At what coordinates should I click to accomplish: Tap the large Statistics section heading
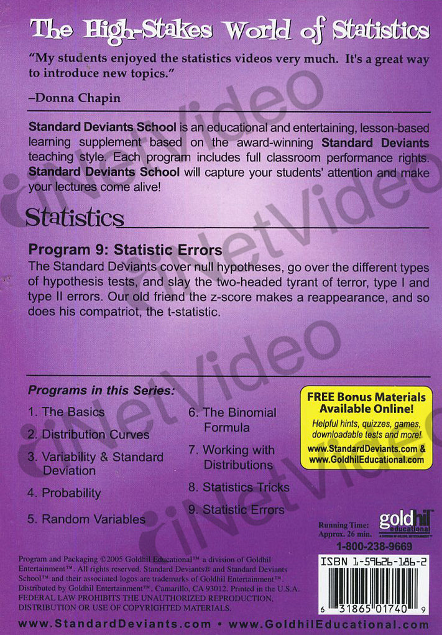(x=75, y=218)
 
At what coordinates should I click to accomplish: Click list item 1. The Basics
(x=66, y=412)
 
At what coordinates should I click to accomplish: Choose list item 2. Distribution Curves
(x=88, y=434)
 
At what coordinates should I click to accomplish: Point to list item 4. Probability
(x=64, y=493)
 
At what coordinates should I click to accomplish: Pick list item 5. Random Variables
(x=86, y=519)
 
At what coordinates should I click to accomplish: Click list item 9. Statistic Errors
(x=236, y=510)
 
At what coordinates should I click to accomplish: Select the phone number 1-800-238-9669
(x=374, y=547)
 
